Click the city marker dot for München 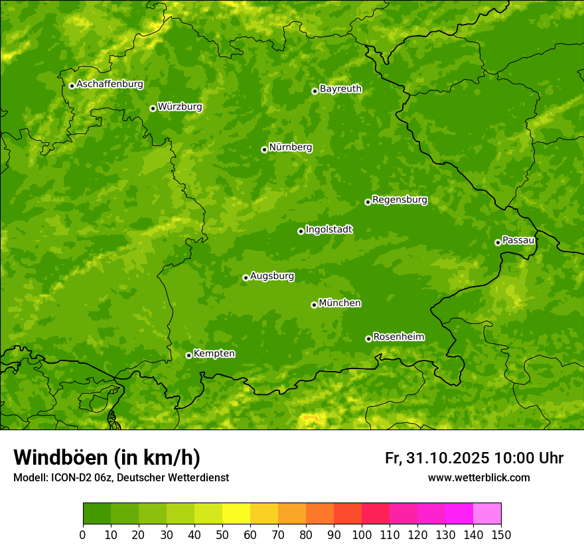coord(314,305)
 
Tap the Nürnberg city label coord(290,147)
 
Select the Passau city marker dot coord(498,242)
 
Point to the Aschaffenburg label coord(110,84)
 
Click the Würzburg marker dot coord(153,108)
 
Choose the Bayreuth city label coord(340,89)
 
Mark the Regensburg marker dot coord(368,202)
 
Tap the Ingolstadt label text coord(328,230)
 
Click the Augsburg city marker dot coord(246,277)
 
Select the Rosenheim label coord(398,337)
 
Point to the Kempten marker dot coord(188,355)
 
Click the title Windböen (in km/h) coord(107,457)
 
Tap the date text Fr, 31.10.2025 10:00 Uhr coord(474,458)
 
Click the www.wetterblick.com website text coord(478,477)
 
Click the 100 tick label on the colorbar coord(362,534)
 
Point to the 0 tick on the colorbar coord(83,534)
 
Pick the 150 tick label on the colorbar coord(501,534)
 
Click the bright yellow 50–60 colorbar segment coord(236,514)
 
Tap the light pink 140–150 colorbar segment coord(487,514)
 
